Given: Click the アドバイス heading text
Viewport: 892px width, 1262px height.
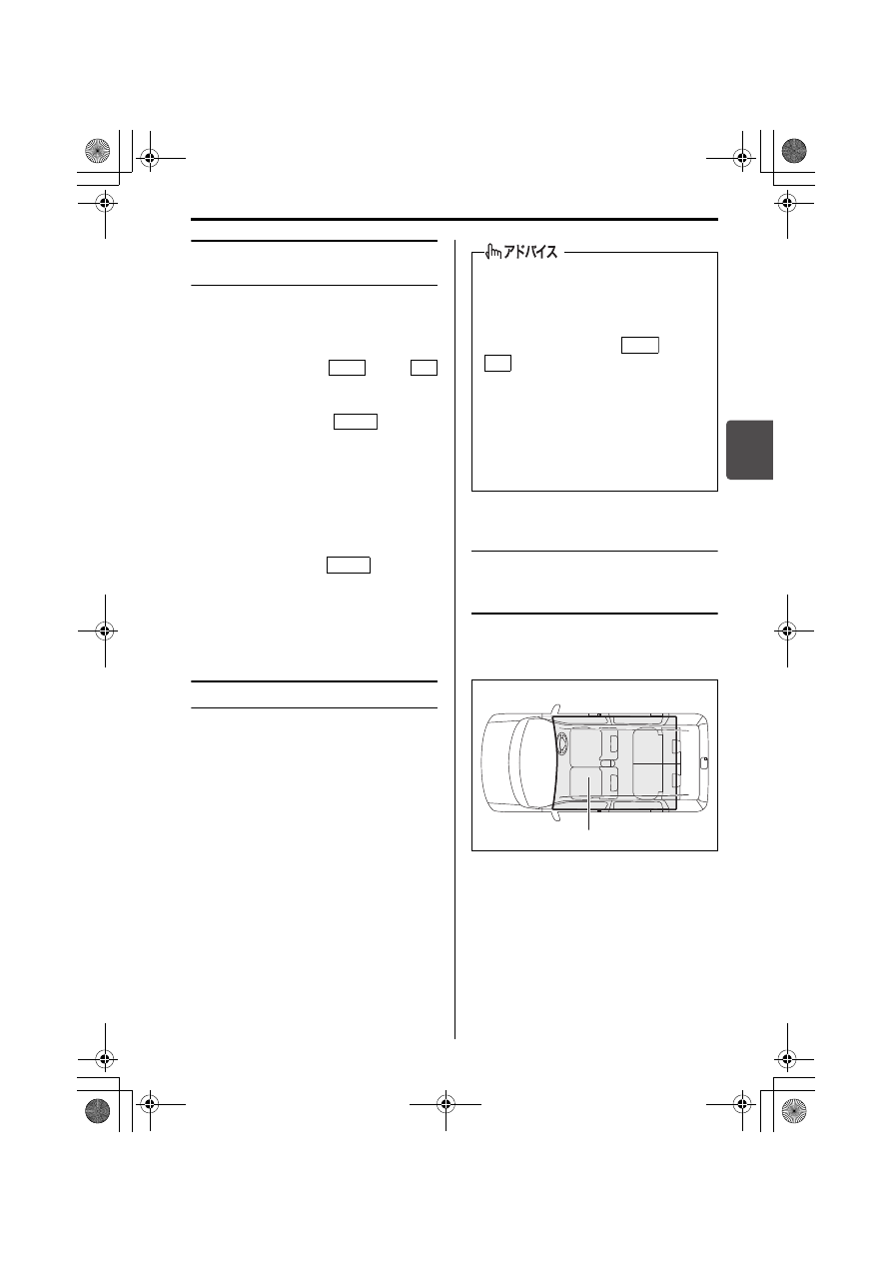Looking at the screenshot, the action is [x=530, y=252].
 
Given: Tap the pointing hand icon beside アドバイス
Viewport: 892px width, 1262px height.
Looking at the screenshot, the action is [x=492, y=251].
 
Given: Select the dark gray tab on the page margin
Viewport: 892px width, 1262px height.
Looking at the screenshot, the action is [x=749, y=450].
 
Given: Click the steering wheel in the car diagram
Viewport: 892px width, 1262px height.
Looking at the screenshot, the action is [x=562, y=743].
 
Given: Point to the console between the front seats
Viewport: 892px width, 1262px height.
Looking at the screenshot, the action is [x=607, y=762].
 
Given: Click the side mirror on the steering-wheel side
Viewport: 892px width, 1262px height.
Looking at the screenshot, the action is [x=556, y=709].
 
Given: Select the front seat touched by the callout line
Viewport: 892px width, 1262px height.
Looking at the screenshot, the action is [x=588, y=782].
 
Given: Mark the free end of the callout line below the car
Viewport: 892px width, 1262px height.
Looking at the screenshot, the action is [x=589, y=828].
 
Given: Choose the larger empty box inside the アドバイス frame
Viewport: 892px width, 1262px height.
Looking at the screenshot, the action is [x=639, y=345].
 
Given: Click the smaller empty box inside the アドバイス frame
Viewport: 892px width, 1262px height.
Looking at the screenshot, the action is [x=497, y=363].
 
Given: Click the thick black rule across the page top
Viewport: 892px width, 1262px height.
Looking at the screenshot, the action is [x=454, y=219].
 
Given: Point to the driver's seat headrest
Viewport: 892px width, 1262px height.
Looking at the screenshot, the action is [x=613, y=742].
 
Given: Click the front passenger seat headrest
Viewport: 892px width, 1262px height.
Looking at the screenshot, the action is [x=613, y=781].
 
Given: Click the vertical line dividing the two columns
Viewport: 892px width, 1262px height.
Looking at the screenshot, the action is [x=454, y=639].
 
